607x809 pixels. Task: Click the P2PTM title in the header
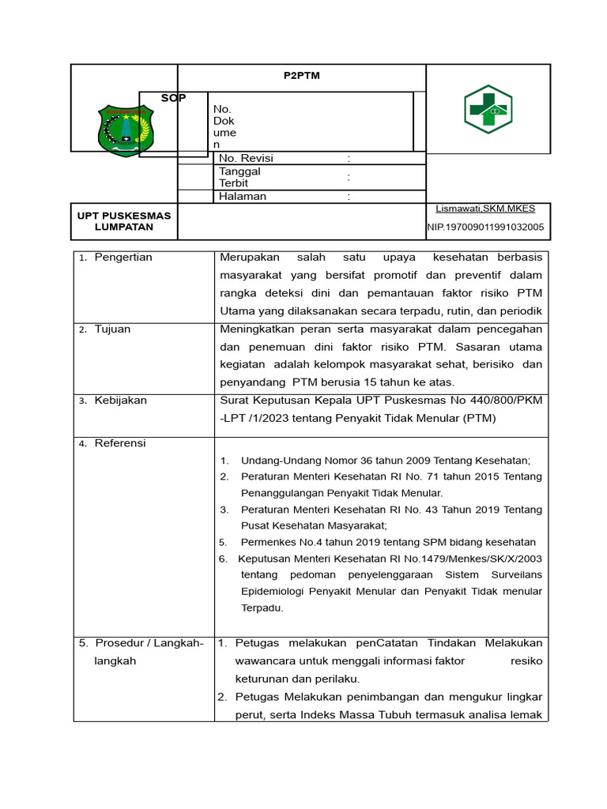click(x=301, y=76)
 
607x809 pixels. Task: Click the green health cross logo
click(x=487, y=109)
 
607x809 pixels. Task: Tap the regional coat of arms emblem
click(x=124, y=130)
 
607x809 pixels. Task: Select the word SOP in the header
click(x=174, y=98)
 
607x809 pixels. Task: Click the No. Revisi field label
click(x=246, y=158)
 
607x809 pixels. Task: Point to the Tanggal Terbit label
click(x=239, y=177)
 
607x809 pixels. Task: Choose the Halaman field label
click(x=243, y=196)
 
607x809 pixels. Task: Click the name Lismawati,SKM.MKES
click(x=485, y=209)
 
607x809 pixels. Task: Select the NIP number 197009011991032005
click(x=485, y=228)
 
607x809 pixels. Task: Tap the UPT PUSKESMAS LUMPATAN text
click(x=123, y=221)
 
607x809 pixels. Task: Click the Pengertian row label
click(x=123, y=258)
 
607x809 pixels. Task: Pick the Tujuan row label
click(x=112, y=329)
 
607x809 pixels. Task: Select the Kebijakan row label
click(x=120, y=401)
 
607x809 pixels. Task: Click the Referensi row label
click(x=120, y=443)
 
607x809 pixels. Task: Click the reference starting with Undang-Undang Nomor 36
click(x=386, y=461)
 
